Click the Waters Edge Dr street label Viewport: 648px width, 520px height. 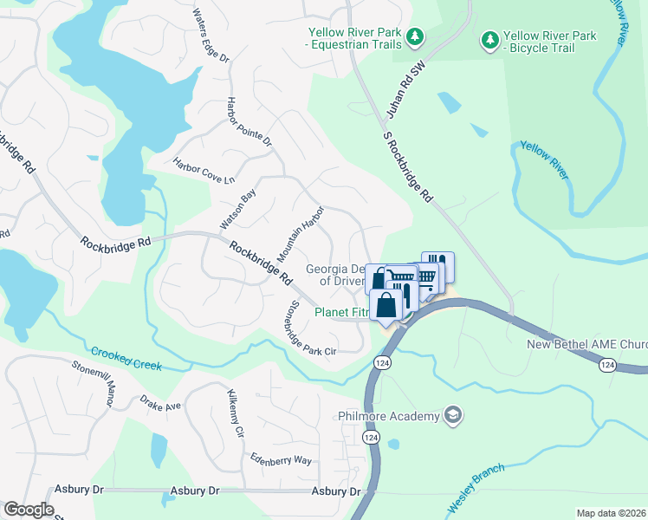[211, 36]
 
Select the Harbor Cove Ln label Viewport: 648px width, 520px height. [204, 170]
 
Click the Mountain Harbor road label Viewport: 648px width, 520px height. [300, 234]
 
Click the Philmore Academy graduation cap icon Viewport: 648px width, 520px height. [452, 416]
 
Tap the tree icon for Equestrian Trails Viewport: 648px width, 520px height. [416, 36]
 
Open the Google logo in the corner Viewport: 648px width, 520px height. [29, 510]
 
